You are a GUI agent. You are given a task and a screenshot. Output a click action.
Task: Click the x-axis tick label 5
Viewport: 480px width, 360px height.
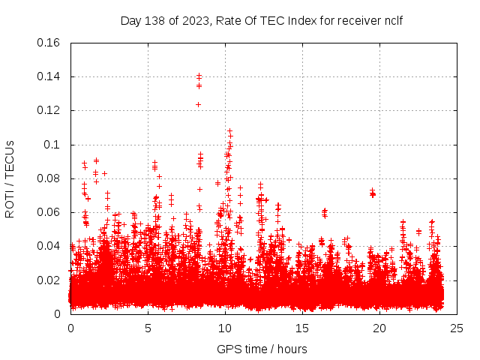click(x=148, y=328)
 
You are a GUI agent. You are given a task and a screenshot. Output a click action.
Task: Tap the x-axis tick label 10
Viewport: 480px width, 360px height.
click(x=225, y=328)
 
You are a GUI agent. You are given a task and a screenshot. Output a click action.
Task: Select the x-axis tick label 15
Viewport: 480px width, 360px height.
click(x=302, y=328)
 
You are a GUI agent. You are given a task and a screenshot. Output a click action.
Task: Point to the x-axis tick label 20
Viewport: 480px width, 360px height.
click(x=379, y=328)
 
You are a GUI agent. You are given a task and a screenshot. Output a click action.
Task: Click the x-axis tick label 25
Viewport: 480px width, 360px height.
click(x=457, y=328)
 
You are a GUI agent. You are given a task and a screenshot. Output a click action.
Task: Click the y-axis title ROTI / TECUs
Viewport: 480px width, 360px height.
click(x=10, y=178)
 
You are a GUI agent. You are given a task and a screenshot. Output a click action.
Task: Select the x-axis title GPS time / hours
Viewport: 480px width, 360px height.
click(x=262, y=349)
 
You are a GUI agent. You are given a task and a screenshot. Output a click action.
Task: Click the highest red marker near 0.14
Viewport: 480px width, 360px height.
click(x=199, y=76)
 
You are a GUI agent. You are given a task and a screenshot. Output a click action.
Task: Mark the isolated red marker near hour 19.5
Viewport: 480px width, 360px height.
click(x=372, y=193)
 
